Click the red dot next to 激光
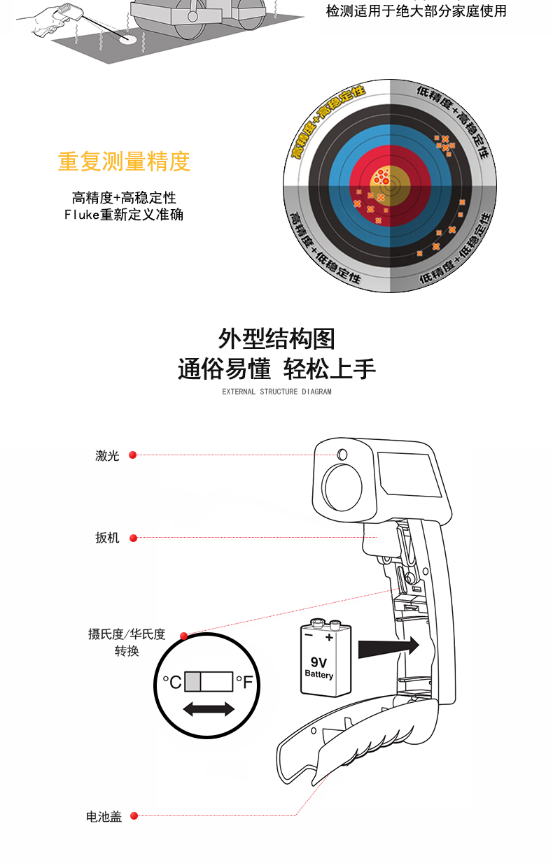point(133,455)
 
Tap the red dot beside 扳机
point(134,539)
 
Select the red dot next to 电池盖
point(134,815)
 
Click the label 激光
point(107,455)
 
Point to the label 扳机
point(107,538)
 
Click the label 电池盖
point(104,816)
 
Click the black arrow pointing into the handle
point(388,646)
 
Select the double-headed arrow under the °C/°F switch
point(209,709)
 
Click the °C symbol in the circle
point(172,682)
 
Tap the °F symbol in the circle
point(244,682)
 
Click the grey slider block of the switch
point(192,682)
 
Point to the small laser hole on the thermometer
point(342,455)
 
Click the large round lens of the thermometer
point(342,487)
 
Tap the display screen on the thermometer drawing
point(409,474)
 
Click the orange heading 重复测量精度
point(124,161)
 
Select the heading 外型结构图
point(276,339)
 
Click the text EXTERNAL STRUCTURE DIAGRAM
point(276,392)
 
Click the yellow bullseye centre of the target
point(390,185)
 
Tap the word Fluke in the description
point(82,215)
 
